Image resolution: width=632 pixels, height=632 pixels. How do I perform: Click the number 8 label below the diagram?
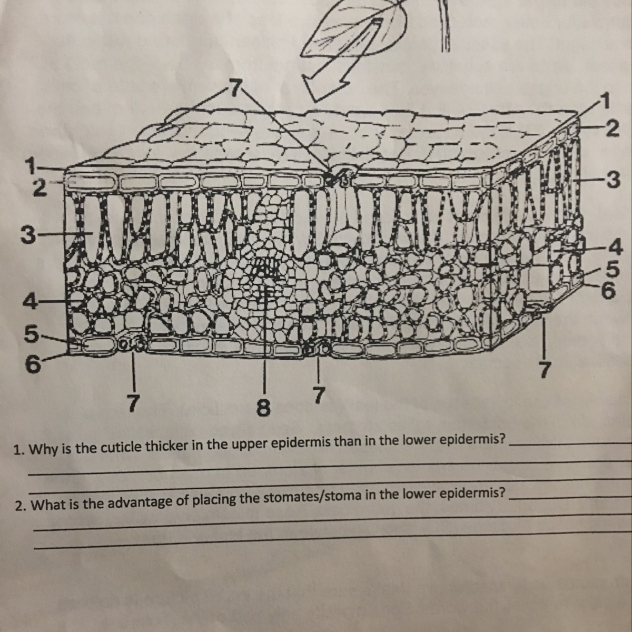(x=264, y=409)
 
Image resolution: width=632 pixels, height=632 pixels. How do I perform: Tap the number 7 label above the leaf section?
(x=235, y=88)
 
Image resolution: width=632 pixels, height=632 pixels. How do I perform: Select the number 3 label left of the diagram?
(x=27, y=235)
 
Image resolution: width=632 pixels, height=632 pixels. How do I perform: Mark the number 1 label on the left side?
(x=32, y=165)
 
